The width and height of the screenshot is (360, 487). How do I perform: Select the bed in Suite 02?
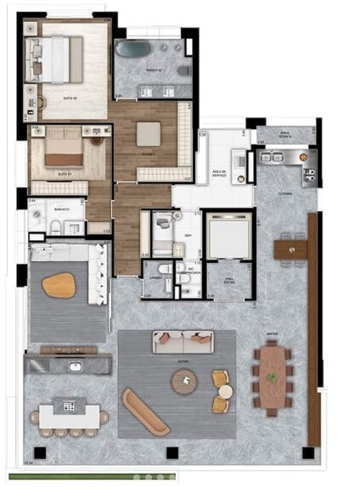click(x=58, y=59)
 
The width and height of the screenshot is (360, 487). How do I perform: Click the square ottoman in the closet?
click(x=148, y=134)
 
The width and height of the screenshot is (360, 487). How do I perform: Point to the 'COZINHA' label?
click(x=284, y=193)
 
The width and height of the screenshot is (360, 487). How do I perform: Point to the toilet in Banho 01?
click(x=53, y=227)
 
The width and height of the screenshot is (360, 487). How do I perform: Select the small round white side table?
click(x=225, y=392)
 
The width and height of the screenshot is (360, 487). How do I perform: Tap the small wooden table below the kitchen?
click(x=290, y=249)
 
